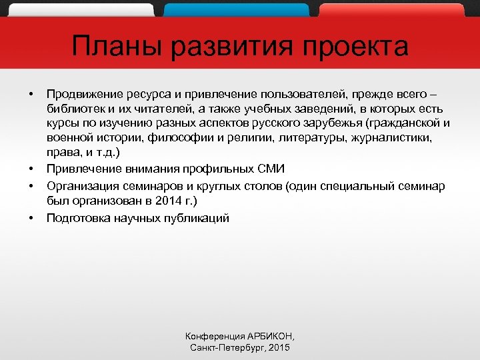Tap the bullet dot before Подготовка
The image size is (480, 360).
(31, 218)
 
